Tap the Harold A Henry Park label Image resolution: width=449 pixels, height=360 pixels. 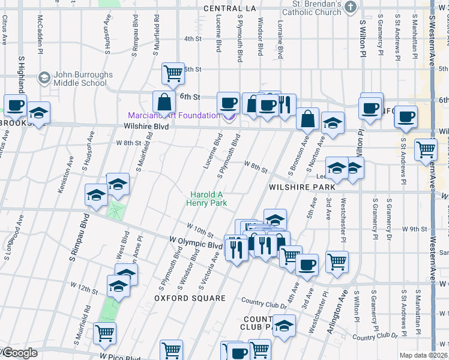(x=208, y=199)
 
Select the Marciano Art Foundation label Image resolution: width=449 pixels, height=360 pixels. (x=173, y=115)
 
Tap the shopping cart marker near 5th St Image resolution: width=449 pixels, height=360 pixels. (x=173, y=74)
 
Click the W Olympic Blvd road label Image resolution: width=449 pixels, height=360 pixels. (x=196, y=245)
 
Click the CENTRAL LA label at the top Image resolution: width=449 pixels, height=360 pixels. (x=229, y=8)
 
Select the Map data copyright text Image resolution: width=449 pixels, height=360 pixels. (x=423, y=355)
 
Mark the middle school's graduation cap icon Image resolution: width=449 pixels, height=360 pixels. (x=44, y=79)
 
